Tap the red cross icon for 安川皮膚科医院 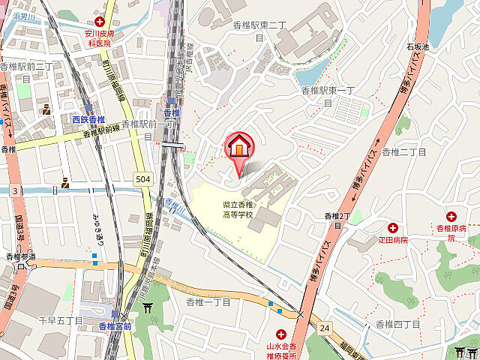pos(100,13)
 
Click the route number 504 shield pos(143,178)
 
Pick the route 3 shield pos(15,191)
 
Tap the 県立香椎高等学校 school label pos(238,209)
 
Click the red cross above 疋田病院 pos(392,227)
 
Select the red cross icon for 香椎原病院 pos(451,216)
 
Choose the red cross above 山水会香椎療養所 pos(281,334)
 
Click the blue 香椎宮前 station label pos(115,326)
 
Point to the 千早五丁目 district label pos(61,320)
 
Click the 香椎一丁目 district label pos(209,301)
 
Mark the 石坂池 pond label pos(418,46)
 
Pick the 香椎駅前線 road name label pos(101,132)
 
